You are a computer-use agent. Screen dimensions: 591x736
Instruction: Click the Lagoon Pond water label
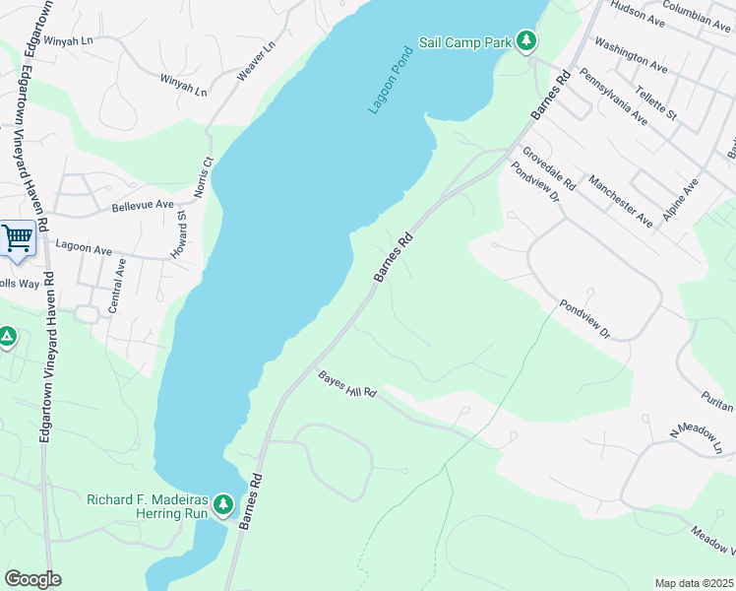click(391, 79)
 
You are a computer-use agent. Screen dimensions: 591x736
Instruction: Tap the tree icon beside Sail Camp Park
click(528, 40)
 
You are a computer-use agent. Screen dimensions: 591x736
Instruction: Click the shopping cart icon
click(17, 237)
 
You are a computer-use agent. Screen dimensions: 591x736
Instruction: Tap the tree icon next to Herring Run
click(223, 505)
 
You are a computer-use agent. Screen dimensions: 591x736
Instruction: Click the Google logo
click(32, 579)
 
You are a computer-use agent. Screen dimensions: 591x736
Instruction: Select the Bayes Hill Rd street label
click(347, 385)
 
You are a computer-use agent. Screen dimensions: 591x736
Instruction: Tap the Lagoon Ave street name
click(84, 248)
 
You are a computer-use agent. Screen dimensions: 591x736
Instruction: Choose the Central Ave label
click(118, 287)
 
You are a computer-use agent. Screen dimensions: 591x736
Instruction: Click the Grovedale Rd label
click(549, 168)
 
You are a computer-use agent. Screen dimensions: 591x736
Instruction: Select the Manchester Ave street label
click(620, 201)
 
